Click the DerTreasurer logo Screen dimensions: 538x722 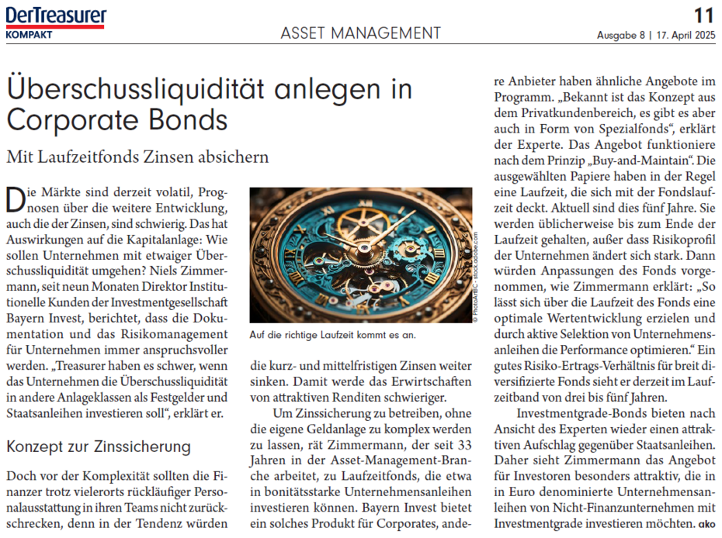pyautogui.click(x=55, y=17)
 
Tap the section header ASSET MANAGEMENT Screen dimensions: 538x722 pyautogui.click(x=360, y=33)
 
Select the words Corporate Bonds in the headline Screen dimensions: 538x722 pyautogui.click(x=116, y=120)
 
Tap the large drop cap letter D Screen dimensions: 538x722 pyautogui.click(x=15, y=199)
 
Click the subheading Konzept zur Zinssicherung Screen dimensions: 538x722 pyautogui.click(x=98, y=447)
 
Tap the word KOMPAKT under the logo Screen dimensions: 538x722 pyautogui.click(x=30, y=35)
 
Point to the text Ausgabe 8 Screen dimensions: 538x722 pyautogui.click(x=621, y=35)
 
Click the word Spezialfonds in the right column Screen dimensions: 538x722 pyautogui.click(x=619, y=129)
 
